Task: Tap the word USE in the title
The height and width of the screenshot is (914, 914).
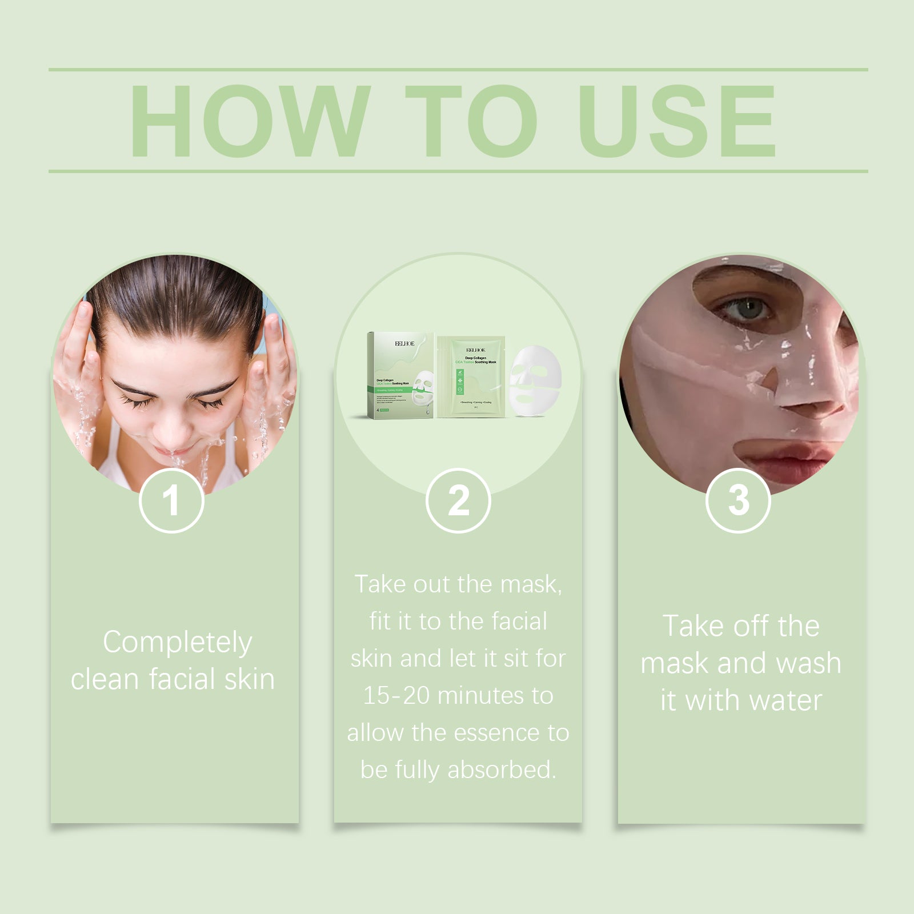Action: pos(677,121)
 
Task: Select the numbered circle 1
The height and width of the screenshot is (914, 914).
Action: pos(171,501)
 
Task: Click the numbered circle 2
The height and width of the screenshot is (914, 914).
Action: pos(458,501)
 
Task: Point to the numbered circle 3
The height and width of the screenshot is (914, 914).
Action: pos(738,501)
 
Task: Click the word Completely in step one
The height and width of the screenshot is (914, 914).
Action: pos(177,643)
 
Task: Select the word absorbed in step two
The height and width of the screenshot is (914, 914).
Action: pos(502,770)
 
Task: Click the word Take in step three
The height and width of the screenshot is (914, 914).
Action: pos(692,626)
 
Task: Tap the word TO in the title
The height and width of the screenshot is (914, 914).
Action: pos(471,121)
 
